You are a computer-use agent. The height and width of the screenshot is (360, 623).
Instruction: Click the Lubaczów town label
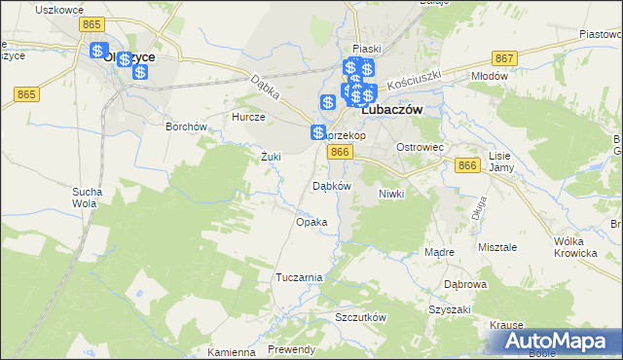coord(392,111)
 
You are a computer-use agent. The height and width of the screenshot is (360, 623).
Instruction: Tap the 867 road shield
coord(503,58)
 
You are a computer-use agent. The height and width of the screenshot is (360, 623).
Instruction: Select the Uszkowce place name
coord(55,9)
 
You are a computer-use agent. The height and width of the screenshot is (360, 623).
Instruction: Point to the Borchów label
coord(186,126)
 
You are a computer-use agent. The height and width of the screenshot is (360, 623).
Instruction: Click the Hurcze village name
coord(248,117)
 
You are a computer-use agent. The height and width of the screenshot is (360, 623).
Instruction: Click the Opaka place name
coord(311,222)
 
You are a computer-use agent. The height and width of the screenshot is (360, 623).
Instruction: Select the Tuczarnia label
coord(298,277)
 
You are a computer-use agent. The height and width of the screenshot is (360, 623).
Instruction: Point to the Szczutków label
coord(361,318)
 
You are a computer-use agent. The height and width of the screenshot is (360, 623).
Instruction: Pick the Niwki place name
coord(391,194)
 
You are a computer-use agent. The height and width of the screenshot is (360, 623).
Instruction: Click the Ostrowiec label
coord(420,146)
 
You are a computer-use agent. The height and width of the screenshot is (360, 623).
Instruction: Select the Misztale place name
coord(496,247)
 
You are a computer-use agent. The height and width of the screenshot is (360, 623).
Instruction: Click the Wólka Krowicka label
coord(574,246)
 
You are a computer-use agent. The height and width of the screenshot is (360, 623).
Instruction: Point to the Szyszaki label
coord(450,309)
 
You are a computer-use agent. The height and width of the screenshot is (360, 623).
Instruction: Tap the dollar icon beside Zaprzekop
coord(318,132)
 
